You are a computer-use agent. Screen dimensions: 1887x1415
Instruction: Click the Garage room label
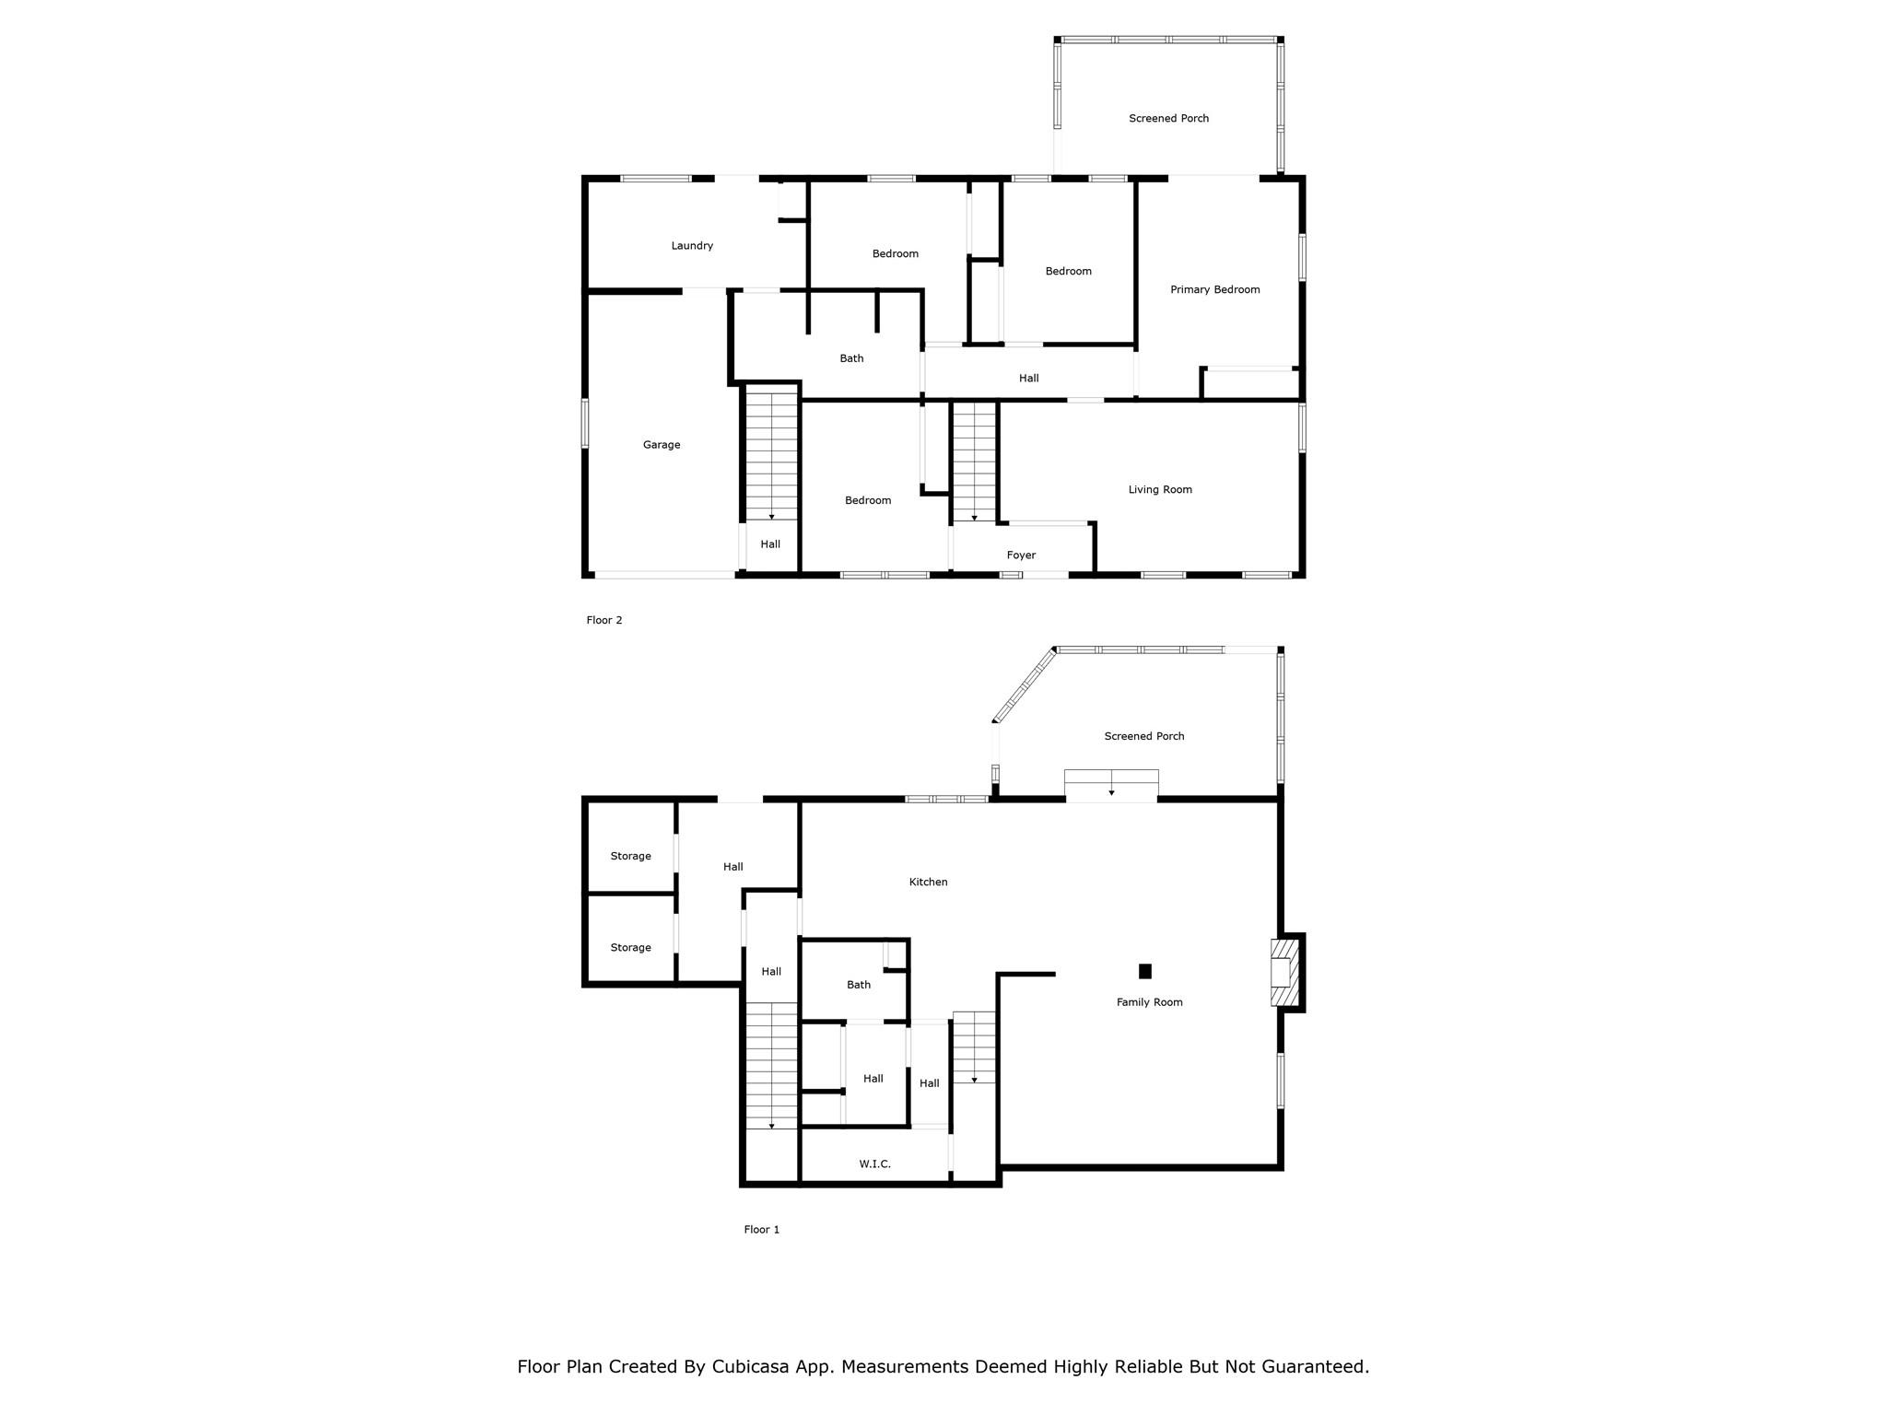coord(662,445)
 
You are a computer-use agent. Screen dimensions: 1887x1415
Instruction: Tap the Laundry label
coord(692,246)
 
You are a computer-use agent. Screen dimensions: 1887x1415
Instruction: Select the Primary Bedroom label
coord(1215,289)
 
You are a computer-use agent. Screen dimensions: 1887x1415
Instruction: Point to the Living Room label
coord(1160,489)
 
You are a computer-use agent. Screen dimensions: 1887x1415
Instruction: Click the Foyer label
coord(1021,555)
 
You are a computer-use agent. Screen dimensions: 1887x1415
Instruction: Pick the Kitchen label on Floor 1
coord(928,882)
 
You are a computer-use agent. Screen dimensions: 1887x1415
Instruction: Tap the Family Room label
coord(1149,1002)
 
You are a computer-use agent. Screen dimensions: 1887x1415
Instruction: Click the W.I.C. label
coord(874,1164)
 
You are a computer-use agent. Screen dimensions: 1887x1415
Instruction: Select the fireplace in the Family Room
coord(1284,973)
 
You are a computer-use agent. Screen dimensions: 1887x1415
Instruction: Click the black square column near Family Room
coord(1145,971)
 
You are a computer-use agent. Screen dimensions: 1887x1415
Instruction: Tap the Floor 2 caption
coord(604,620)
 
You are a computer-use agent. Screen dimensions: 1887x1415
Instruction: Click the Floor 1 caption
coord(762,1229)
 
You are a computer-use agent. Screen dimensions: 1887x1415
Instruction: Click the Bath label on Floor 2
coord(851,358)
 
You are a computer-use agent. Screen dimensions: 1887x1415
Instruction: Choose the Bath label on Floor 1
coord(859,985)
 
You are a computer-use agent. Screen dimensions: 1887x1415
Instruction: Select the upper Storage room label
coord(630,856)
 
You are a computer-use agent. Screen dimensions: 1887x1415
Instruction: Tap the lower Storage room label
coord(630,947)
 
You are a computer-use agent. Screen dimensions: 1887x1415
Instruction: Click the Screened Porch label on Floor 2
coord(1168,118)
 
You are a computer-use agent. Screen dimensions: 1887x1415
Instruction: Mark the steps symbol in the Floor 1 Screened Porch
coord(1111,783)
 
